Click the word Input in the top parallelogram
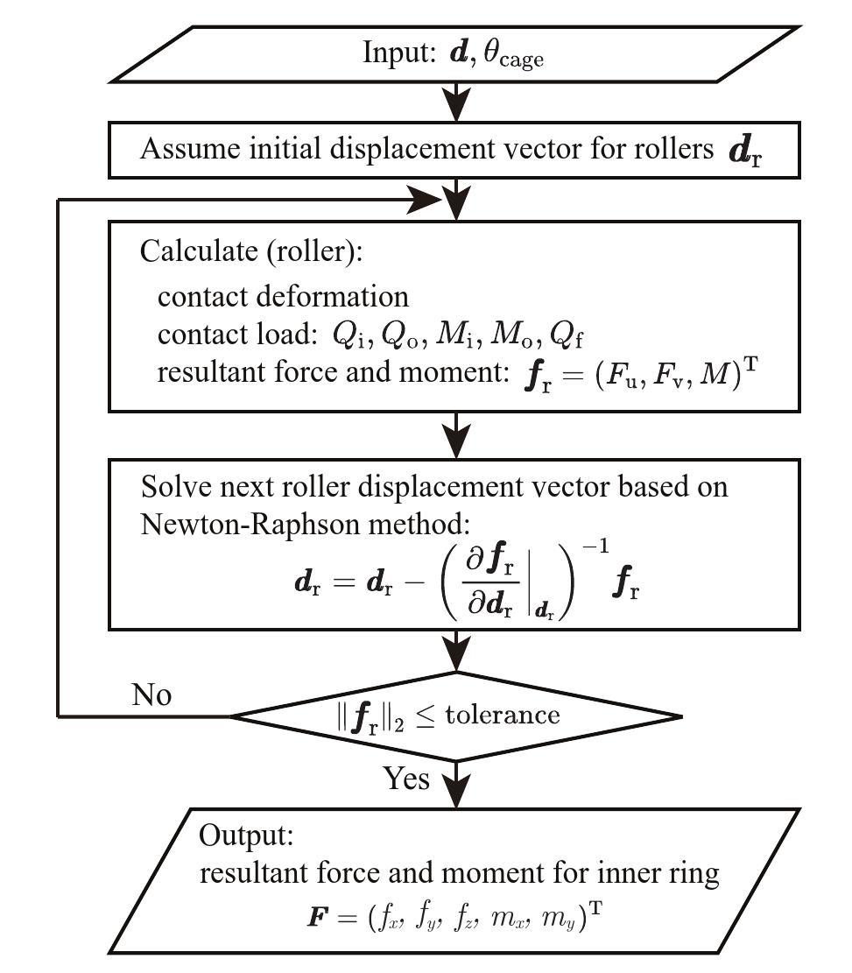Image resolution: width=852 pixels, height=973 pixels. [397, 53]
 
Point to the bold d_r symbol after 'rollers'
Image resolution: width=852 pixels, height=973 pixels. [746, 151]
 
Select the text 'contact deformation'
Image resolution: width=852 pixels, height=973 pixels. [283, 296]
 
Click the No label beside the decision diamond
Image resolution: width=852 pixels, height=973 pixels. [151, 694]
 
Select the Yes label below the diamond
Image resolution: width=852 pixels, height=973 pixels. [406, 777]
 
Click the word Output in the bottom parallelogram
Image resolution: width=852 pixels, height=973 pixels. [245, 835]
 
